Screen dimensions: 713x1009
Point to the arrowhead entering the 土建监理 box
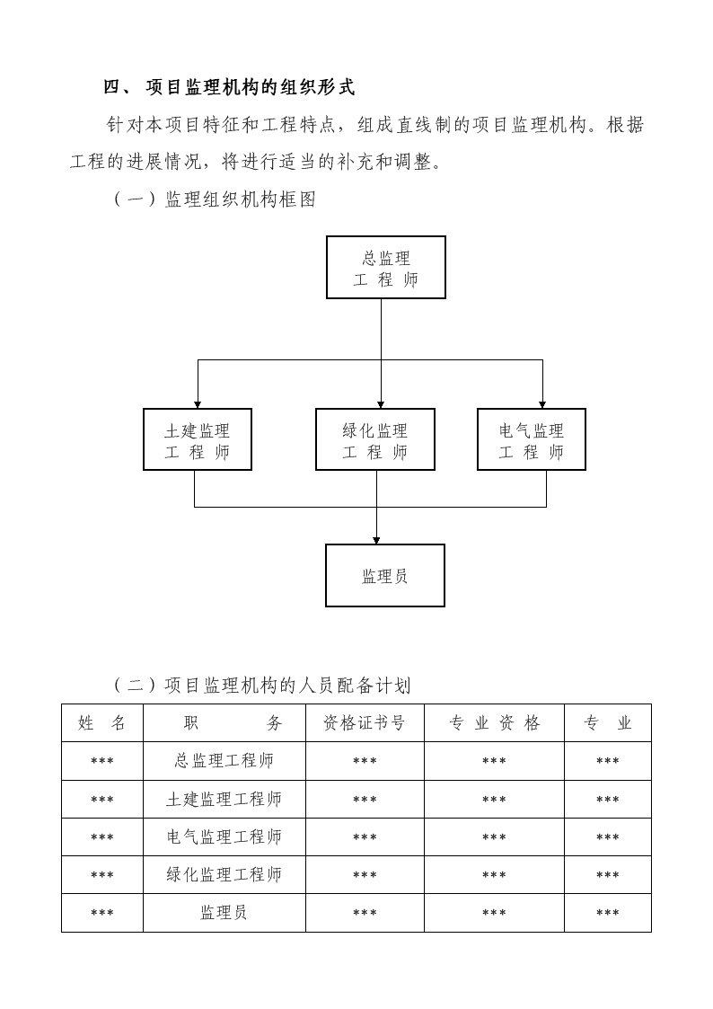pos(198,404)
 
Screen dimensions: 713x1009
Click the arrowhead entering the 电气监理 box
pos(542,404)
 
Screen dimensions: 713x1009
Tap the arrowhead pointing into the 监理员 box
pos(377,541)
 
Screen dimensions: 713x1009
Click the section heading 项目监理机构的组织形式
pos(251,87)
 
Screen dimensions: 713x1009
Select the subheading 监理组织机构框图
pos(241,199)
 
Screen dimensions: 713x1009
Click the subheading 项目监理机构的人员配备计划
pos(288,686)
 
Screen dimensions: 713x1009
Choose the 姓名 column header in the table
pos(102,723)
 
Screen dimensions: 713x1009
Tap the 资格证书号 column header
pos(365,723)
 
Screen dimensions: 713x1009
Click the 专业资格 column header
pos(495,723)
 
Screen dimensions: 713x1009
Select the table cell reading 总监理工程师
pos(224,761)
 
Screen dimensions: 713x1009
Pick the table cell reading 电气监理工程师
pos(224,836)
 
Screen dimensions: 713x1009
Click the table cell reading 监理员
pos(224,913)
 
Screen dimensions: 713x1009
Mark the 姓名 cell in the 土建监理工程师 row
pos(102,800)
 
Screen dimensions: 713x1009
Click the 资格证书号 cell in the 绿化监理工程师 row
pos(365,875)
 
